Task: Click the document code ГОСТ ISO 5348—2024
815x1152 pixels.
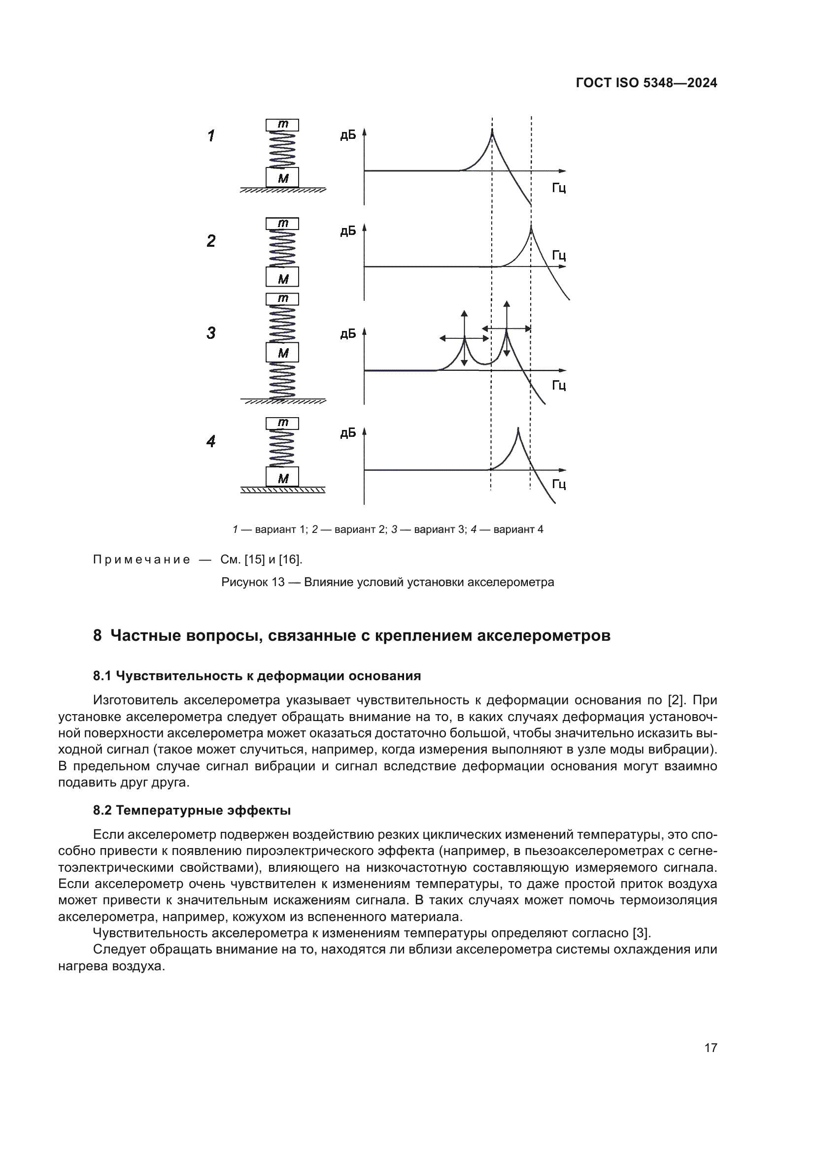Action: pos(646,83)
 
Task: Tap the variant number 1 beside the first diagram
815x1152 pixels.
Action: pos(211,135)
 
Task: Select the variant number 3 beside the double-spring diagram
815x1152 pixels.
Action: pos(211,332)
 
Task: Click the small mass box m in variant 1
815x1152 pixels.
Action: pos(282,125)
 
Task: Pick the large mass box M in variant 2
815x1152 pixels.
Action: pos(282,277)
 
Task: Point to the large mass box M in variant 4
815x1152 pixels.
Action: pos(282,477)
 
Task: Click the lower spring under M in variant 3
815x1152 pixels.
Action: pos(282,381)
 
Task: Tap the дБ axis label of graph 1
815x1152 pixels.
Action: pos(348,135)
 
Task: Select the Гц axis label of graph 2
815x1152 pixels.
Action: pos(559,256)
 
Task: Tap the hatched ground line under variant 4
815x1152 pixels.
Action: pos(282,490)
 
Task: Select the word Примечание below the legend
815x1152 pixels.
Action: pos(141,560)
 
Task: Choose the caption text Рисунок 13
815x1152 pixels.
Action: pos(253,582)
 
